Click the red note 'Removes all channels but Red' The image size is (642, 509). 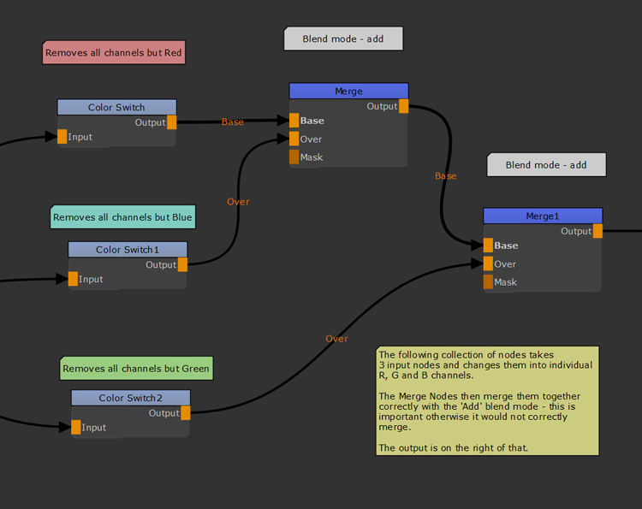click(x=113, y=53)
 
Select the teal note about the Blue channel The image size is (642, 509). click(x=122, y=217)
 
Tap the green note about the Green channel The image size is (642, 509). click(x=136, y=369)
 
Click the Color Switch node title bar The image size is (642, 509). click(x=116, y=107)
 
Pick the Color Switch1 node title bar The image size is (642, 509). click(x=128, y=249)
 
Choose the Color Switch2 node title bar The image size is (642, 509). click(x=130, y=398)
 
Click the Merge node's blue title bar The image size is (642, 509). click(x=348, y=91)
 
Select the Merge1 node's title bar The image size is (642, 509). click(x=543, y=216)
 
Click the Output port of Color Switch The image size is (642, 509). click(x=172, y=122)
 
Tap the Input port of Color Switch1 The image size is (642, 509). click(x=74, y=279)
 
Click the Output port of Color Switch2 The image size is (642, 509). click(x=186, y=413)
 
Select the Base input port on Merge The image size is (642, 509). click(x=294, y=121)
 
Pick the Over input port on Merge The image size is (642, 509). click(x=294, y=139)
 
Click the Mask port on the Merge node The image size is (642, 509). click(x=294, y=157)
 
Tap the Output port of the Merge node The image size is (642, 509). click(x=404, y=107)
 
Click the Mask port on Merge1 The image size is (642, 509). click(x=488, y=282)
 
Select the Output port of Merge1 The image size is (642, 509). click(x=597, y=231)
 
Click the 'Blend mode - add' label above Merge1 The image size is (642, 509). click(x=546, y=165)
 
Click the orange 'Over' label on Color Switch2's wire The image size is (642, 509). click(x=336, y=339)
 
